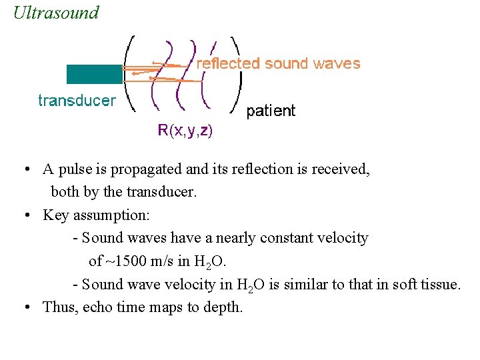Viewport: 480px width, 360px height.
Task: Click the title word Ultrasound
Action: click(56, 13)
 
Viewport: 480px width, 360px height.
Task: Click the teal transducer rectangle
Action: click(93, 74)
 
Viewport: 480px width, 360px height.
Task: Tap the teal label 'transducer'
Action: click(77, 101)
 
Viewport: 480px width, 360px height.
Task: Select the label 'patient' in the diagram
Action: click(271, 111)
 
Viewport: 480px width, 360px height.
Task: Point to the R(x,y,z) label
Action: click(185, 131)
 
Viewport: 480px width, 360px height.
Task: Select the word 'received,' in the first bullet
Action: click(342, 169)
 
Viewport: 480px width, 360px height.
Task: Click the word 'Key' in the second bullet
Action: click(56, 215)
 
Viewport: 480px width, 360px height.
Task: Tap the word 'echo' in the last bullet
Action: click(97, 307)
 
